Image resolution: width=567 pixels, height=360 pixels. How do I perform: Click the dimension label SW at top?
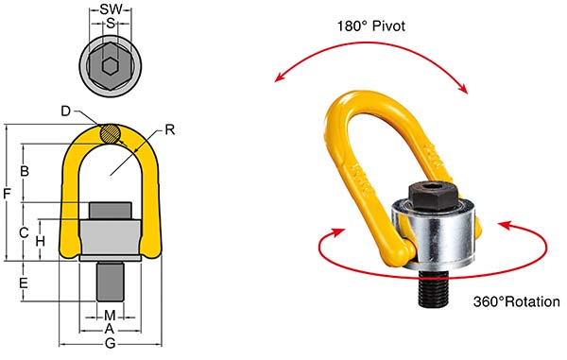111,9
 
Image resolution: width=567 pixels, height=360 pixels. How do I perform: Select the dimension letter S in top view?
111,24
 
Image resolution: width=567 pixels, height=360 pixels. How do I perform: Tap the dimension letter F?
8,194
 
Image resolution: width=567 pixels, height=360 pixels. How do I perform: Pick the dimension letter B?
25,171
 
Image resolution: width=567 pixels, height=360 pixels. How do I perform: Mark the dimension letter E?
25,283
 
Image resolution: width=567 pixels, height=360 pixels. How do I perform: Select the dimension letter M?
110,315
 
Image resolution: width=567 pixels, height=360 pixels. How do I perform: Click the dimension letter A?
110,328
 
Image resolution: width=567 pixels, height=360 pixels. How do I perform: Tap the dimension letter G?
110,346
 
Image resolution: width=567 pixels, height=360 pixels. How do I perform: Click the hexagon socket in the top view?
111,65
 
